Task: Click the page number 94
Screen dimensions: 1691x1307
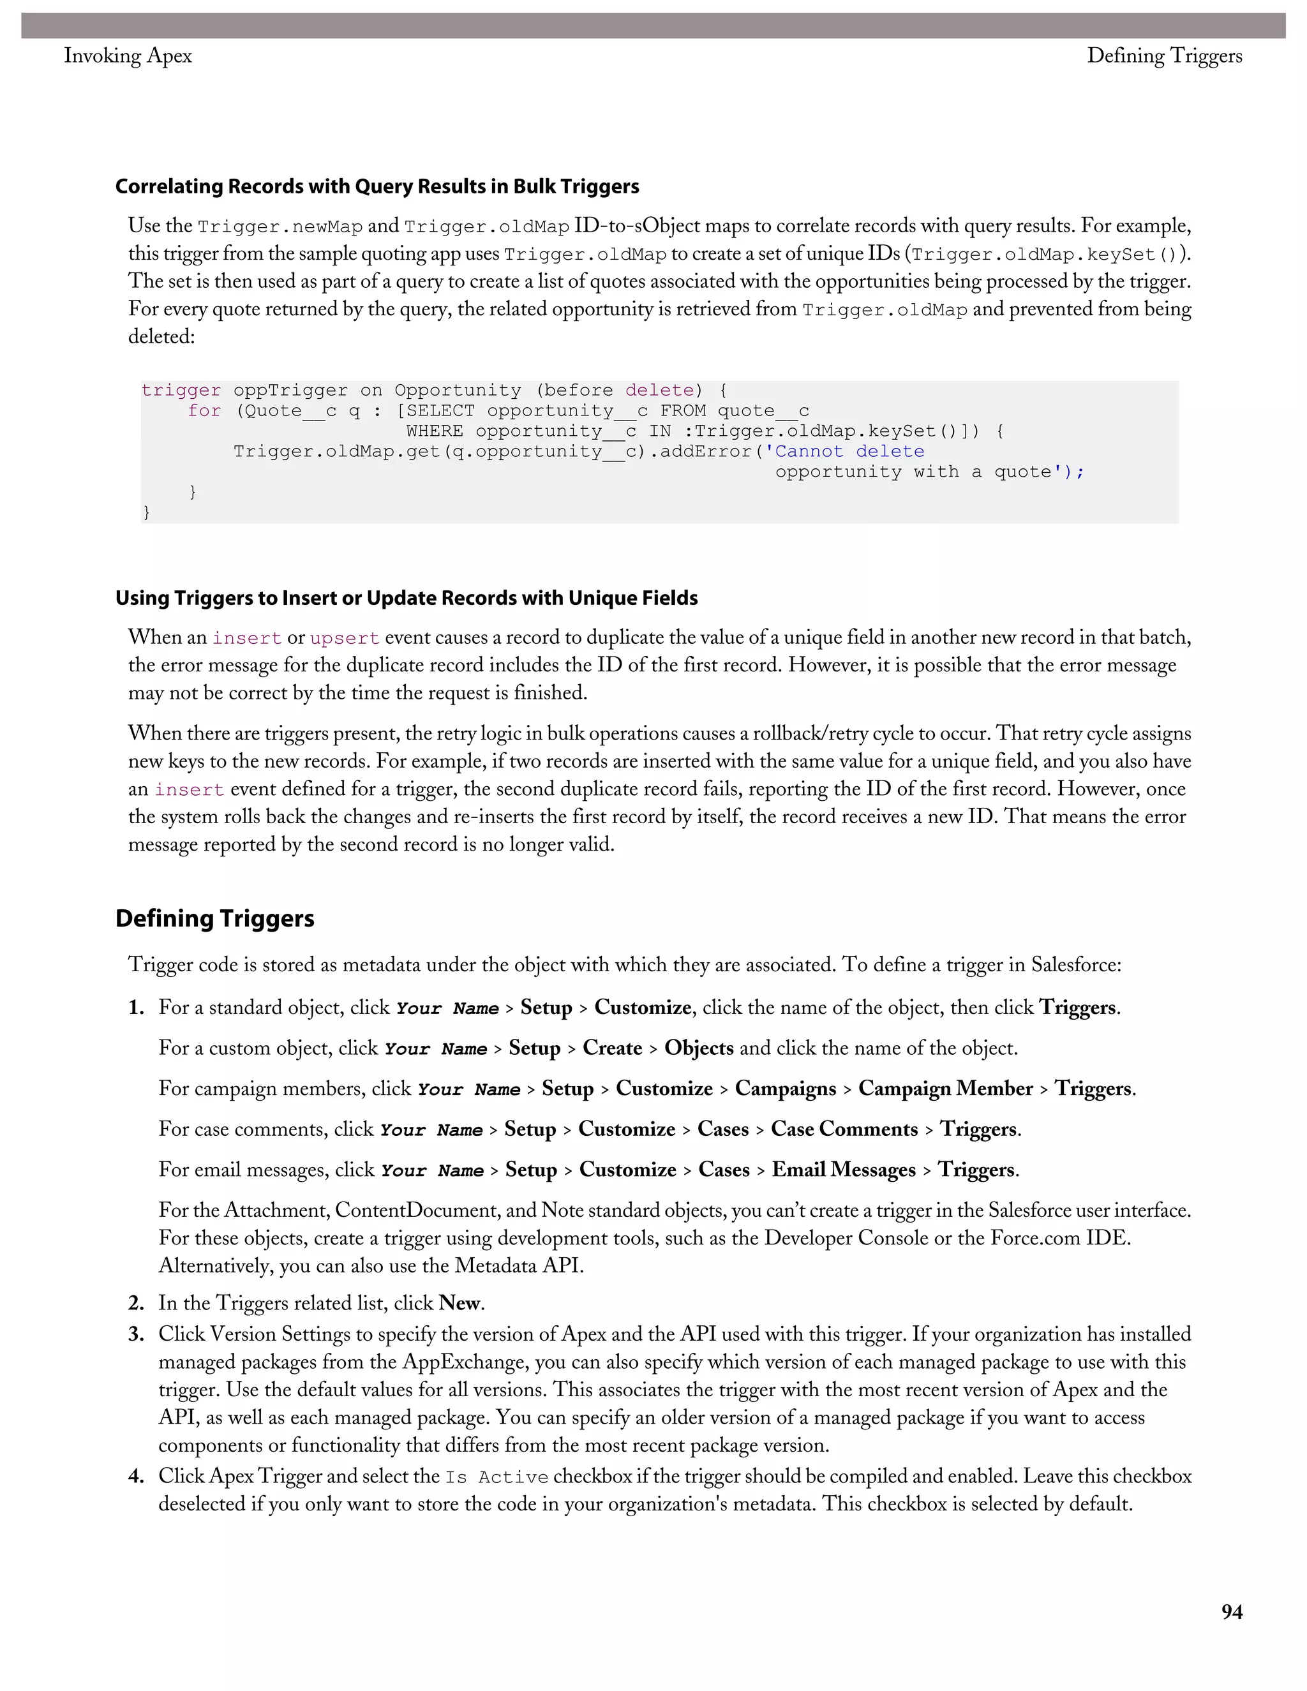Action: click(x=1231, y=1612)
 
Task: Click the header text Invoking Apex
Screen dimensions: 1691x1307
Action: click(x=128, y=56)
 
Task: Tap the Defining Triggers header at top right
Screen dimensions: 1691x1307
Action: click(x=1164, y=56)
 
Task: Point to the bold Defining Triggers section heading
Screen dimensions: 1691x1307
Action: click(x=214, y=918)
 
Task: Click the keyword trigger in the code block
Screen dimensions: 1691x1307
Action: click(x=181, y=391)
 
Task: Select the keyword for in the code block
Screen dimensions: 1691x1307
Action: click(x=204, y=411)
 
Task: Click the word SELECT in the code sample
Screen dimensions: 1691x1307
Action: click(x=440, y=411)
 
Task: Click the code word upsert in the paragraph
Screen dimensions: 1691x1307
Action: click(x=345, y=638)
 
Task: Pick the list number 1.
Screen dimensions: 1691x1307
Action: click(x=137, y=1008)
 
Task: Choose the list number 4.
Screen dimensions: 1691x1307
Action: click(x=137, y=1477)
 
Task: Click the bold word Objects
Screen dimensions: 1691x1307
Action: click(x=698, y=1048)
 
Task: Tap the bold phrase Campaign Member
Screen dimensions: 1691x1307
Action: click(x=945, y=1089)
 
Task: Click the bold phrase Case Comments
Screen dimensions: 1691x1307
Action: click(x=844, y=1129)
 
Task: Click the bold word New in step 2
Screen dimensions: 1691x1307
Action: click(x=459, y=1303)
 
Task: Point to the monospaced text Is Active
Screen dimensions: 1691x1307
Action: click(x=497, y=1477)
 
